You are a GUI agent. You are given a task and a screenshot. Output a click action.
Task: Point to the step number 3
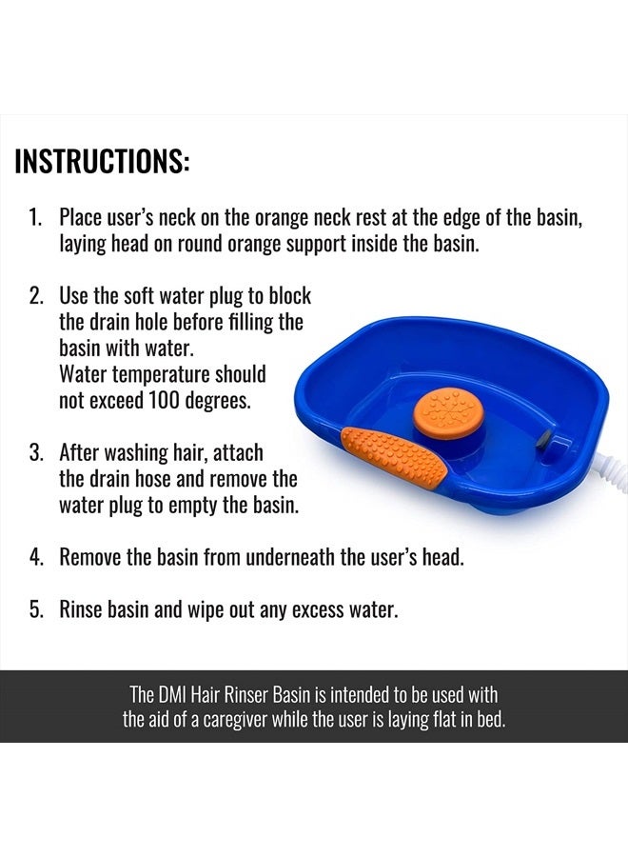coord(34,452)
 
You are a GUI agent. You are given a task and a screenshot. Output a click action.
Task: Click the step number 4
coord(34,557)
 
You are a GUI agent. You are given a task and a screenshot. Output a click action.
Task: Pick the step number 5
coord(34,609)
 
